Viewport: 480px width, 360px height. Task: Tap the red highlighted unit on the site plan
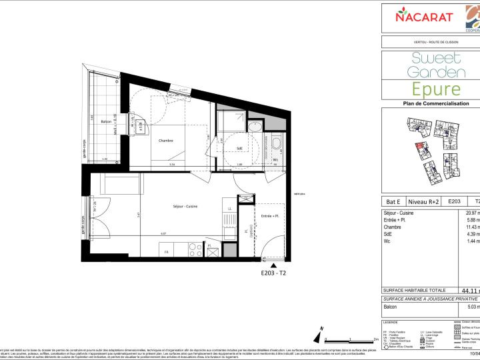pos(419,148)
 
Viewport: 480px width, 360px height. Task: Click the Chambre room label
pos(166,141)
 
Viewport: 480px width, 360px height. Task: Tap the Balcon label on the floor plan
pos(105,122)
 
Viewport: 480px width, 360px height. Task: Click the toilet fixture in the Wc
pos(275,144)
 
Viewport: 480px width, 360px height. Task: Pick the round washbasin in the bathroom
pos(254,128)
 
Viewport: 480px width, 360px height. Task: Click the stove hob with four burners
pos(195,250)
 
